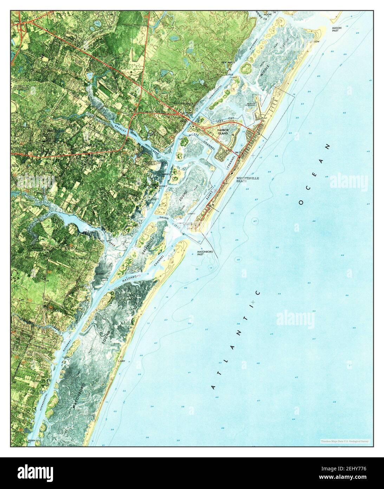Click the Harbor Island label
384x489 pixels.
tap(222, 132)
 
